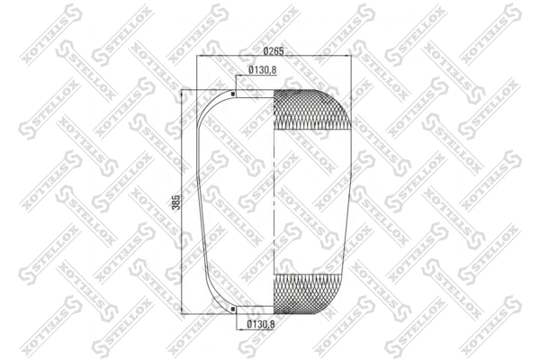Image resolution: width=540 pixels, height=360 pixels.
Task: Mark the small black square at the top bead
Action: (234, 94)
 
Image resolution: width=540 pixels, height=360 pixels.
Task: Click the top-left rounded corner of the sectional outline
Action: (209, 106)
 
